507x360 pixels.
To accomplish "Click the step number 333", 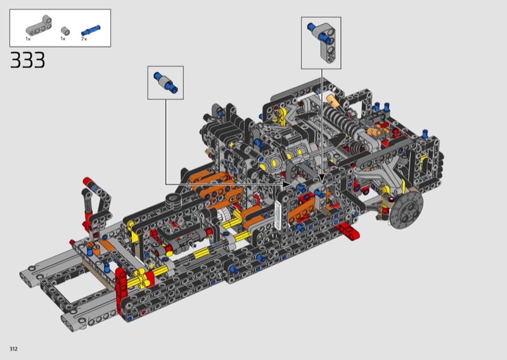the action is [27, 60].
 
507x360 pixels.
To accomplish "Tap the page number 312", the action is [13, 349].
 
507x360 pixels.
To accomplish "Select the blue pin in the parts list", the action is [91, 30].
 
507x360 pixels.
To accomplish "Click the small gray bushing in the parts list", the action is [65, 30].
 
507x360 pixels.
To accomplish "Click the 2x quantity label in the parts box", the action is [84, 39].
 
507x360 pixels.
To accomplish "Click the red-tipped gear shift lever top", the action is [87, 182].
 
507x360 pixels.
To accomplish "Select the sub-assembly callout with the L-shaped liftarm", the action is [321, 43].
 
